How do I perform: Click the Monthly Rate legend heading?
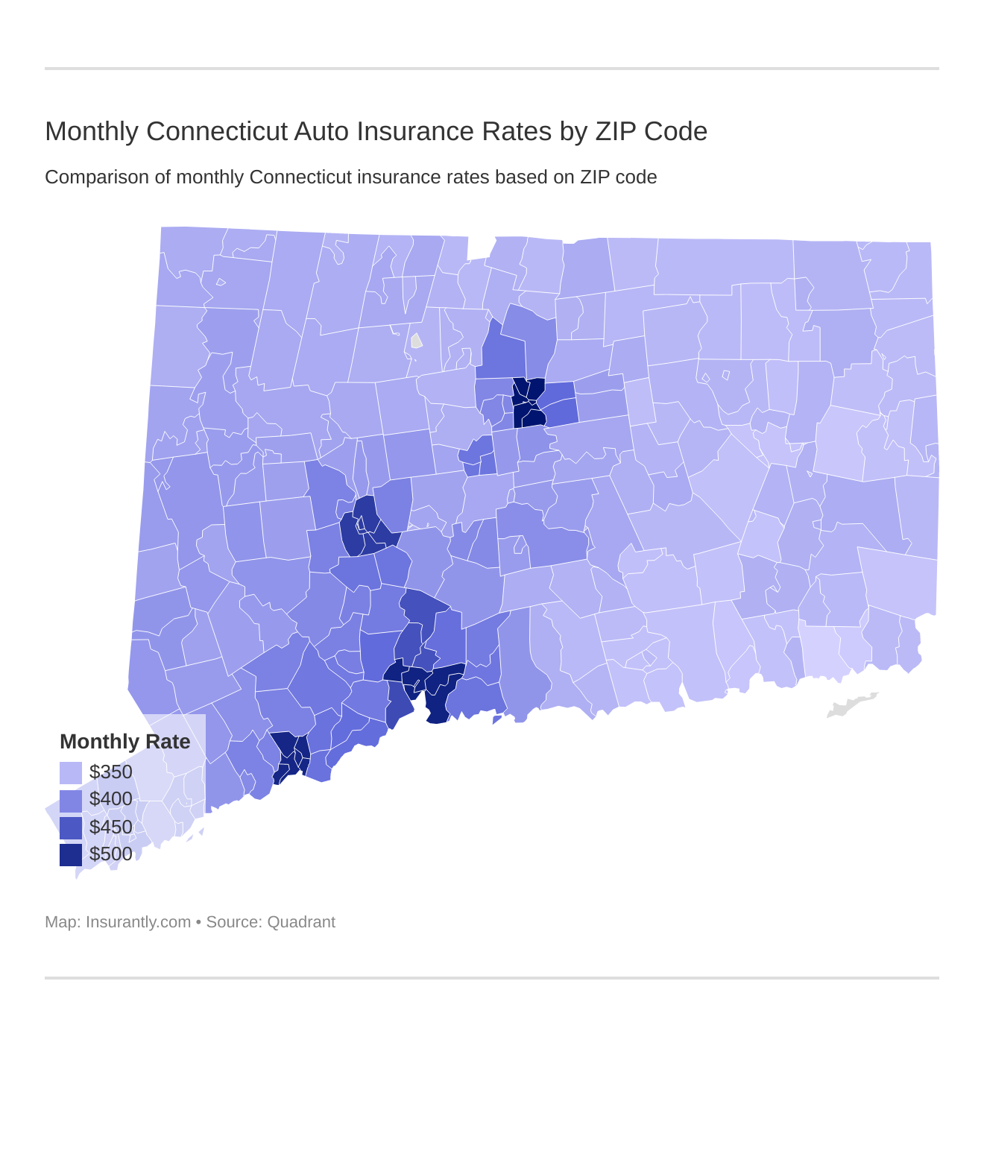[124, 742]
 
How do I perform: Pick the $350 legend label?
[110, 772]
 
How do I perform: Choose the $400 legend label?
[110, 799]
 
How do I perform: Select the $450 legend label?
[110, 827]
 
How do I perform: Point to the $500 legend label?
[110, 854]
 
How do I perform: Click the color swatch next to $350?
[71, 772]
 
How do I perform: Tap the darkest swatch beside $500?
[71, 855]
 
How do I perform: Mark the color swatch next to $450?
[71, 827]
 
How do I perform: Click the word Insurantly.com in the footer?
[138, 922]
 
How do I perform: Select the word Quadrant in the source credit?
[301, 922]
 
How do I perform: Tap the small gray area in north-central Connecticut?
[416, 341]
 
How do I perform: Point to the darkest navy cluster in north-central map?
[529, 403]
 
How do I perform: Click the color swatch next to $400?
[71, 800]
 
